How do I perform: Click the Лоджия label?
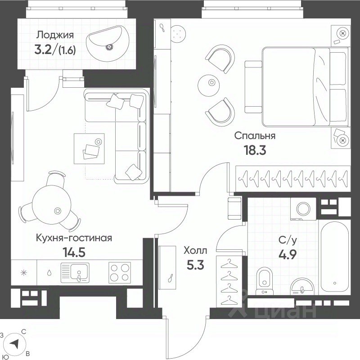(55, 35)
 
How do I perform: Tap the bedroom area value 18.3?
(255, 150)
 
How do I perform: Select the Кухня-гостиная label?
(74, 238)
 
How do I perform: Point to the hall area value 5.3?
(195, 265)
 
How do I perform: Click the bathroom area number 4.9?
(288, 254)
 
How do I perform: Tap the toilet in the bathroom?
(265, 280)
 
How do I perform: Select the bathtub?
(335, 256)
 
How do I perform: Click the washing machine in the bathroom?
(303, 208)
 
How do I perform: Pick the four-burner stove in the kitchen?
(120, 272)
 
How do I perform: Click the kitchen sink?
(75, 273)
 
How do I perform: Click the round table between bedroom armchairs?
(208, 85)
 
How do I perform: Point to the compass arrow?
(14, 344)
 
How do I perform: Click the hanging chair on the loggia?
(108, 43)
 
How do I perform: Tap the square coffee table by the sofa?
(89, 148)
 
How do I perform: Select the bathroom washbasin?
(302, 287)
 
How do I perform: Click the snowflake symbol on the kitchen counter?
(23, 273)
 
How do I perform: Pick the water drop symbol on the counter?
(49, 273)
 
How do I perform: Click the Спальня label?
(255, 136)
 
